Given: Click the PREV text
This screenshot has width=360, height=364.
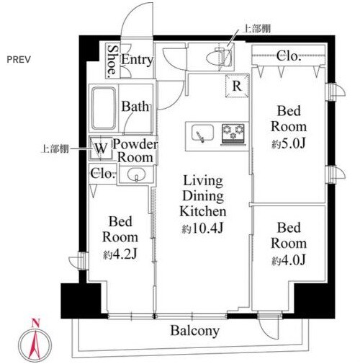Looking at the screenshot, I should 20,58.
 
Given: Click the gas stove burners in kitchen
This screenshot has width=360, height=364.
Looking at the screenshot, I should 233,133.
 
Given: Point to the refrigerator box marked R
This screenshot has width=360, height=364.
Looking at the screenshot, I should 236,85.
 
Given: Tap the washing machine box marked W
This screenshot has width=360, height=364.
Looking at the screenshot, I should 101,148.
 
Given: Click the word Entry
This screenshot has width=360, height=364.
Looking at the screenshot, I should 137,60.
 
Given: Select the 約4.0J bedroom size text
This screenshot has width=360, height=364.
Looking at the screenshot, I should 288,259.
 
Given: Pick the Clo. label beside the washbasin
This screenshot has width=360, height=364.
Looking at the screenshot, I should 102,173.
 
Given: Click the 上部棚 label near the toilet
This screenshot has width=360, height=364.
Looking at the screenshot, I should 257,29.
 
